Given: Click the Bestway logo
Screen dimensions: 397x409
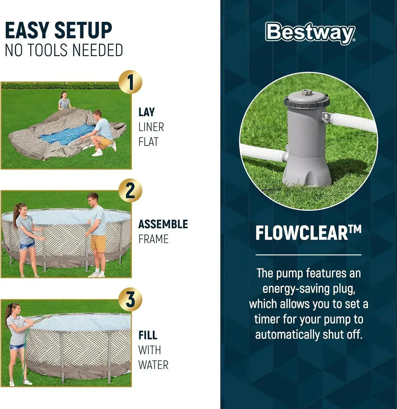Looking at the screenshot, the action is click(310, 33).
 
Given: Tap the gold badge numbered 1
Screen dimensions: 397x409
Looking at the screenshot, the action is click(130, 82).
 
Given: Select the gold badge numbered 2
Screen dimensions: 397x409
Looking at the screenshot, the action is click(130, 191).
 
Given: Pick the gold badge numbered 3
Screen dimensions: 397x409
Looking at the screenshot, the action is click(130, 299).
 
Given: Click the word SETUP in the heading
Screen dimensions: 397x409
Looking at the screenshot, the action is click(83, 31).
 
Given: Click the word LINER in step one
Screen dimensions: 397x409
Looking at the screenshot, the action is click(151, 127).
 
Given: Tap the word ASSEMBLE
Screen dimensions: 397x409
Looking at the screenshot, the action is click(163, 224).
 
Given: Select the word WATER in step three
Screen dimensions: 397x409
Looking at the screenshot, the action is click(153, 365).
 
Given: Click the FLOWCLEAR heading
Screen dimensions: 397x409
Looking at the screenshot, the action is click(309, 232).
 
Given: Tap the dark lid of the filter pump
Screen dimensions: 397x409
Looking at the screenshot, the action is click(307, 99).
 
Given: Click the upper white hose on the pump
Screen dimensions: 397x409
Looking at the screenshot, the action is click(350, 122).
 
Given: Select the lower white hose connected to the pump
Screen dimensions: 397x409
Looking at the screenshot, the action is click(263, 152).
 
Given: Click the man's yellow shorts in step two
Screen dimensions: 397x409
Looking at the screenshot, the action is click(98, 243).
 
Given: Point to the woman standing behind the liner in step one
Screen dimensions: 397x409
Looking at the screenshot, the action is click(64, 100).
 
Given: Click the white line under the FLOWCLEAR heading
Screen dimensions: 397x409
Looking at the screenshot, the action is click(309, 254).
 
